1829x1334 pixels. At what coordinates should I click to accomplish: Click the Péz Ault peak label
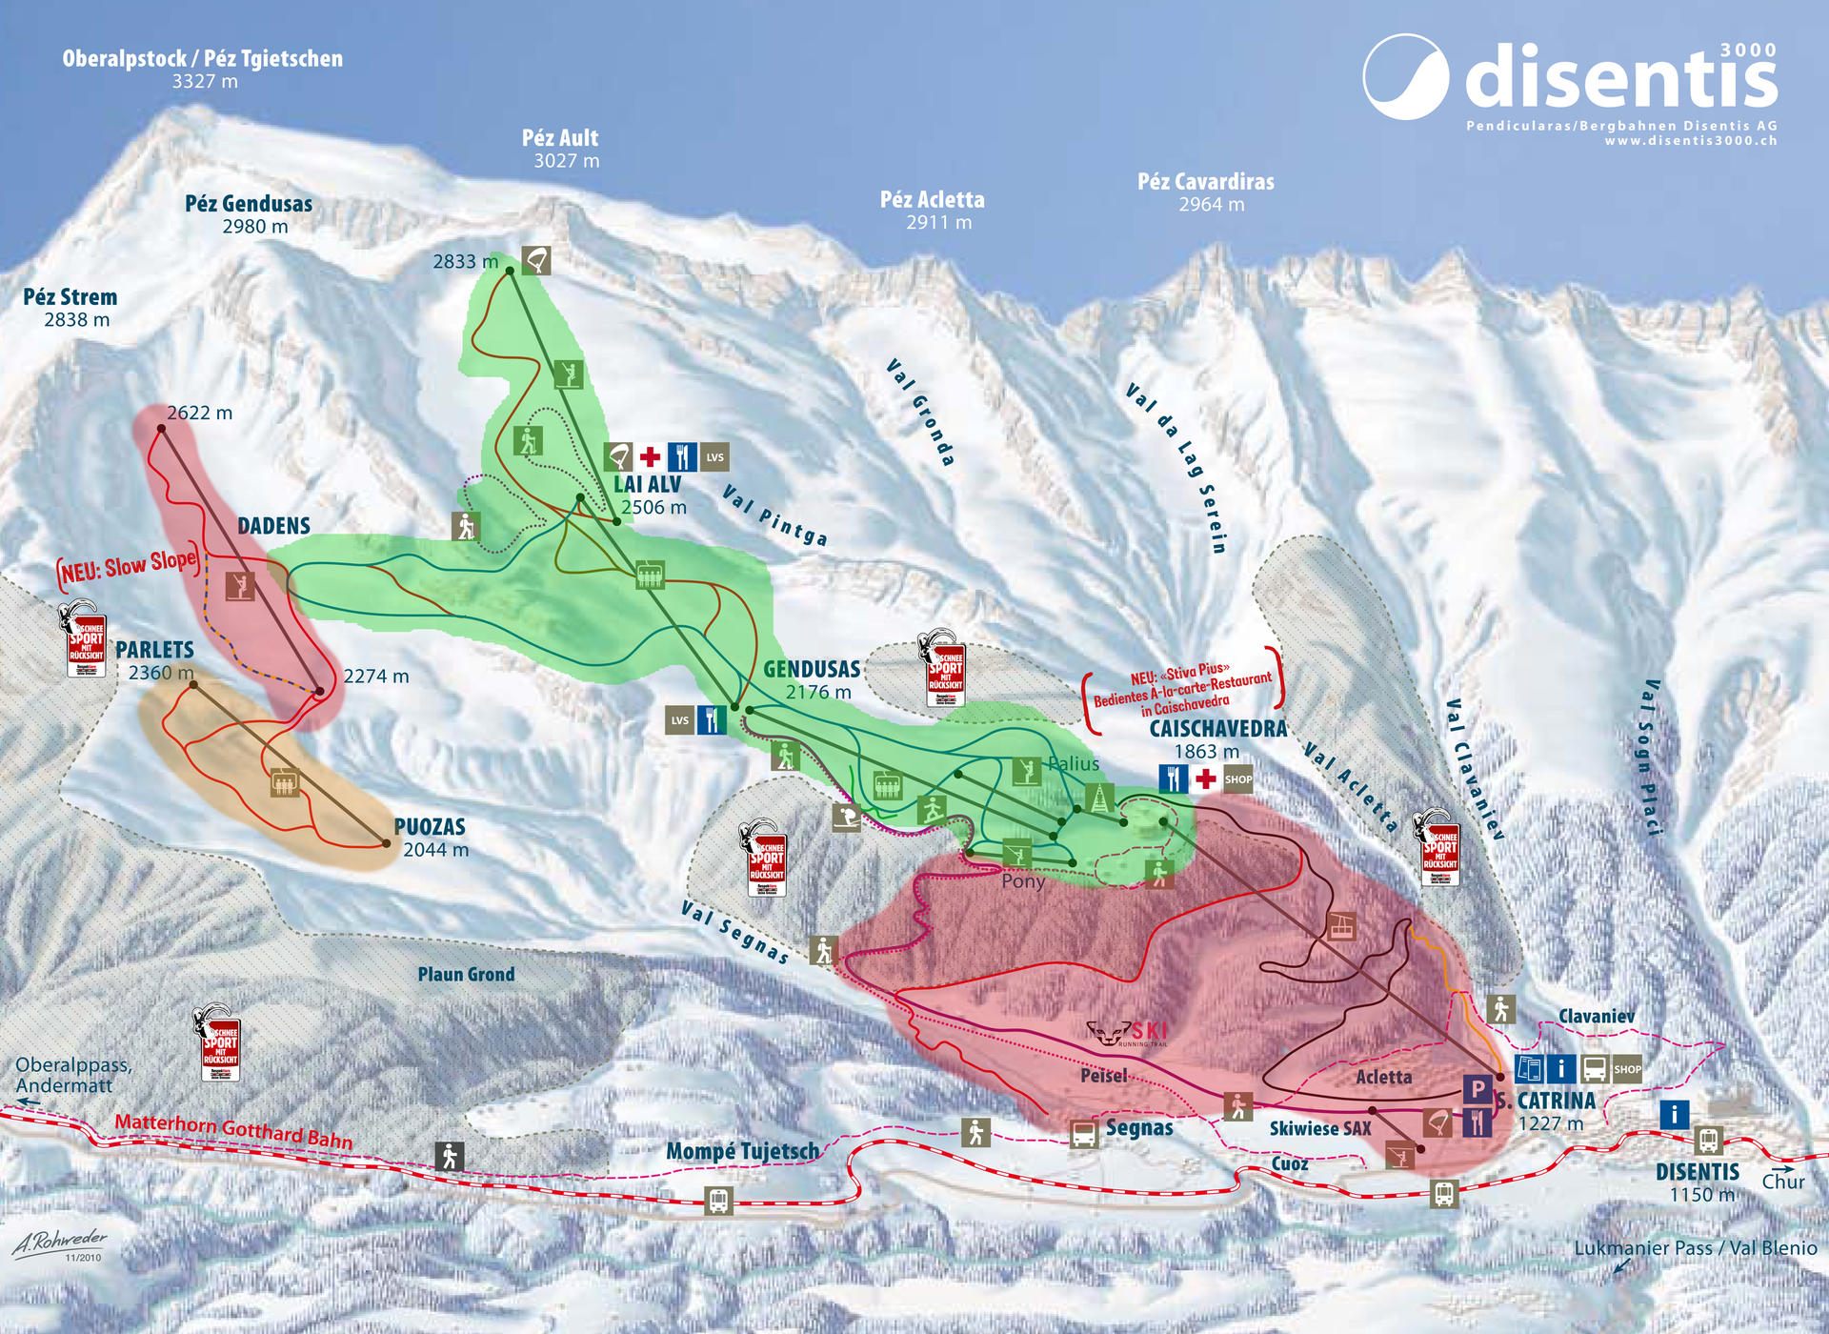pyautogui.click(x=560, y=138)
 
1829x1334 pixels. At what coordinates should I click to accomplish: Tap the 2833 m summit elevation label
pyautogui.click(x=465, y=261)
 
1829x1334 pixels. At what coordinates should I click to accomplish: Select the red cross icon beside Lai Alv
pyautogui.click(x=650, y=456)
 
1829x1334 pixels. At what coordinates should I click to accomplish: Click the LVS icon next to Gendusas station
pyautogui.click(x=679, y=720)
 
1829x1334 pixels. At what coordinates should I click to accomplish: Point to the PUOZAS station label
pyautogui.click(x=430, y=827)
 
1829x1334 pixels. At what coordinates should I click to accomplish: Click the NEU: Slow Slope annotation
pyautogui.click(x=130, y=567)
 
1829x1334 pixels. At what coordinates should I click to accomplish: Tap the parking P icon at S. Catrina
pyautogui.click(x=1477, y=1088)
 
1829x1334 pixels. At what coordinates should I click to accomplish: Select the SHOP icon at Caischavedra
pyautogui.click(x=1237, y=779)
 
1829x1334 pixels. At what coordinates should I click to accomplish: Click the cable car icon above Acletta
pyautogui.click(x=1341, y=925)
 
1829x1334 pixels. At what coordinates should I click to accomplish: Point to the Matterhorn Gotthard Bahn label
pyautogui.click(x=233, y=1130)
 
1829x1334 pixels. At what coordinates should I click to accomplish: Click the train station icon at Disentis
pyautogui.click(x=1707, y=1140)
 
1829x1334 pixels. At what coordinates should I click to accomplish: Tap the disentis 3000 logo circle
pyautogui.click(x=1405, y=77)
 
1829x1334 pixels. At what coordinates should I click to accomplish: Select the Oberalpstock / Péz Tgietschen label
pyautogui.click(x=202, y=59)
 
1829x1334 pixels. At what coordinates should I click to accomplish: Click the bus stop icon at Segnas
pyautogui.click(x=1083, y=1134)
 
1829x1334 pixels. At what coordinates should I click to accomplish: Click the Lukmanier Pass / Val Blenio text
pyautogui.click(x=1695, y=1248)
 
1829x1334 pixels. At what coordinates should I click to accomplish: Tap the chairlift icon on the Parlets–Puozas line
pyautogui.click(x=284, y=782)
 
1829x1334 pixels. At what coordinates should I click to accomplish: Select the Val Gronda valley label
pyautogui.click(x=920, y=412)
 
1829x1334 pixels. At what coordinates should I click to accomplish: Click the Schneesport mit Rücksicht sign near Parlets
pyautogui.click(x=85, y=640)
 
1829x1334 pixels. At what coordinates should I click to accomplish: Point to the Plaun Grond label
pyautogui.click(x=466, y=974)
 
